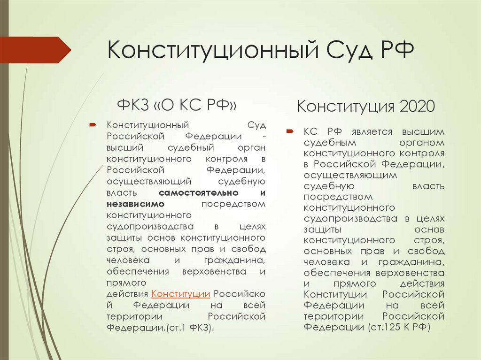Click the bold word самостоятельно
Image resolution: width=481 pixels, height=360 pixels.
click(199, 193)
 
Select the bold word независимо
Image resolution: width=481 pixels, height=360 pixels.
click(135, 204)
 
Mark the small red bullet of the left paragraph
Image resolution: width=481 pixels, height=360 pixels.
click(93, 125)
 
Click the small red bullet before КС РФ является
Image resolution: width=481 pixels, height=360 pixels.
click(290, 131)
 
